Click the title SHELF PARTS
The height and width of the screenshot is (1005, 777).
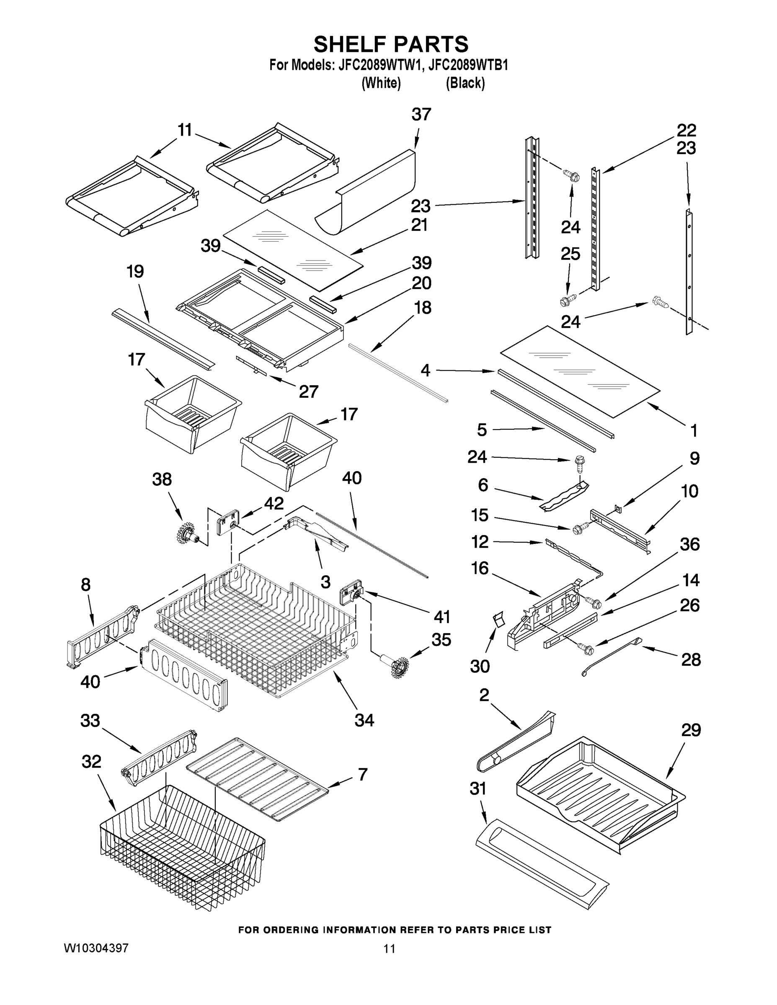pos(391,45)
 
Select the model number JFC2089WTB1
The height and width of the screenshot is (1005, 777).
pos(468,65)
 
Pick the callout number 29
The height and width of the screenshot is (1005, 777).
pos(690,730)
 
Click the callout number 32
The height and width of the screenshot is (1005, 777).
pos(91,762)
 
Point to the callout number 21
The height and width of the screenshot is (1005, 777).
pos(419,225)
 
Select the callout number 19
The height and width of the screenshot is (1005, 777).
pos(135,271)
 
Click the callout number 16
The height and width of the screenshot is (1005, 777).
pos(479,568)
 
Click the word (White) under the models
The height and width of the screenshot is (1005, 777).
pos(381,83)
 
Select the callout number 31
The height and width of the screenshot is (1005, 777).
pos(478,789)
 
